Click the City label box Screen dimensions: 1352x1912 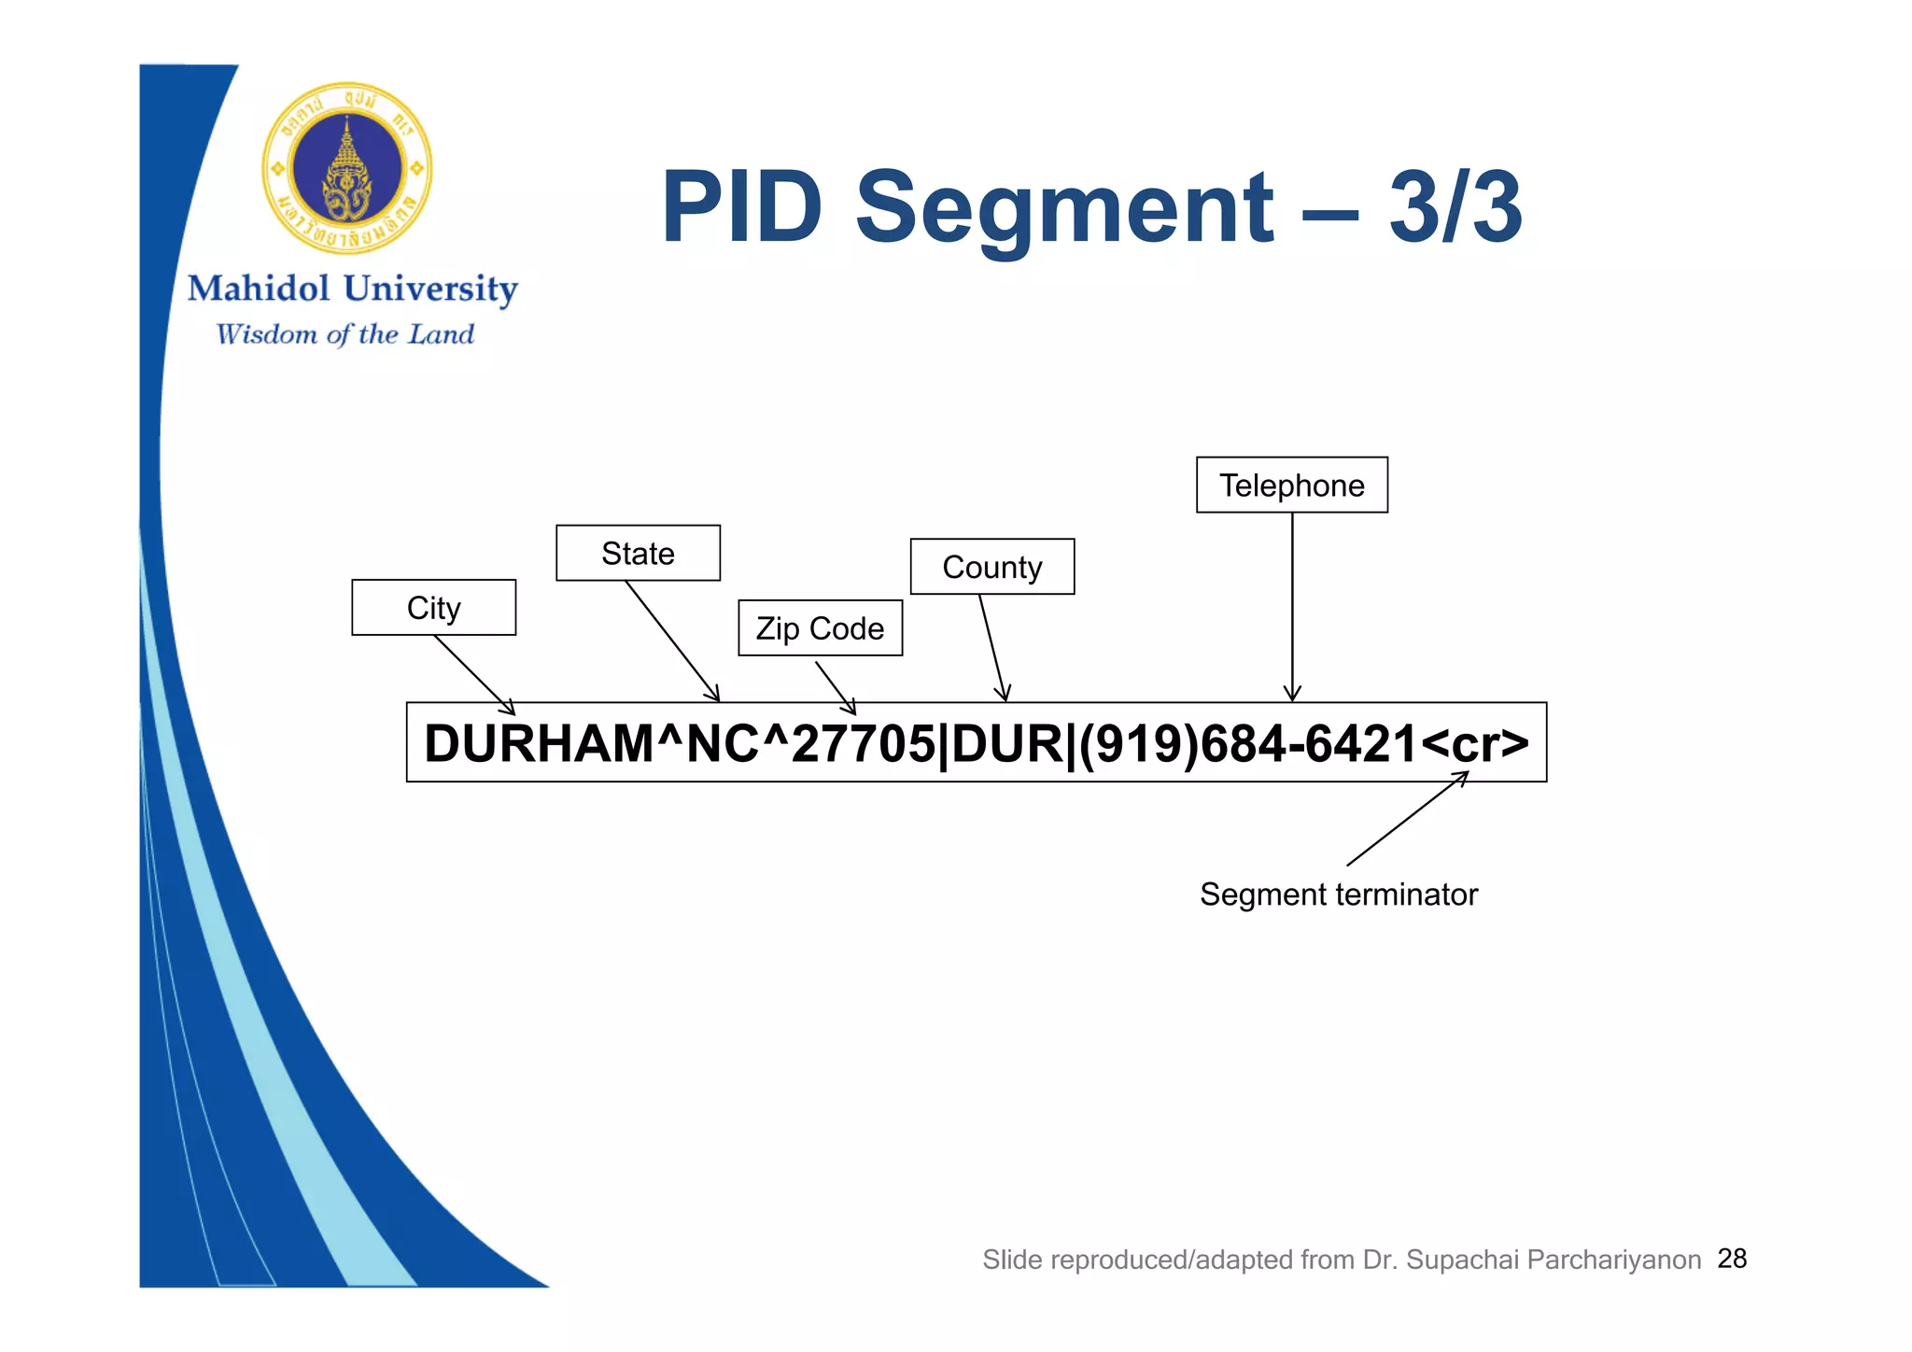[433, 608]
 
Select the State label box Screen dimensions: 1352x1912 [638, 553]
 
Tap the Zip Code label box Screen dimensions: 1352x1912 [820, 628]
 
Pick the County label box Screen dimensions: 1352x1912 [991, 567]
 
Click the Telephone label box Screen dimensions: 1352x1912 [1291, 486]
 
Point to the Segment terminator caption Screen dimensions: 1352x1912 [1338, 894]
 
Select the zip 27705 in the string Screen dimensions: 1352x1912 [863, 744]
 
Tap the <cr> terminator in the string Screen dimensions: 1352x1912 [1475, 744]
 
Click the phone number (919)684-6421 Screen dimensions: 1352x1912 [1248, 744]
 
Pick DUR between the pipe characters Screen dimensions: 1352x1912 [1006, 744]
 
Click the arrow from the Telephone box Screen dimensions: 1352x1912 [1292, 607]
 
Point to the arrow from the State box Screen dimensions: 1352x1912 [672, 641]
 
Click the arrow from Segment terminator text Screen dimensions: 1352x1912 [1407, 819]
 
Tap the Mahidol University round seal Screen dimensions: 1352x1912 [347, 169]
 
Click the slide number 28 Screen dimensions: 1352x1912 [1732, 1259]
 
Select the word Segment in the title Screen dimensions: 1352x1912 [1063, 207]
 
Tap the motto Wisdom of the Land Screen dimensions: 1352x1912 [344, 334]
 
